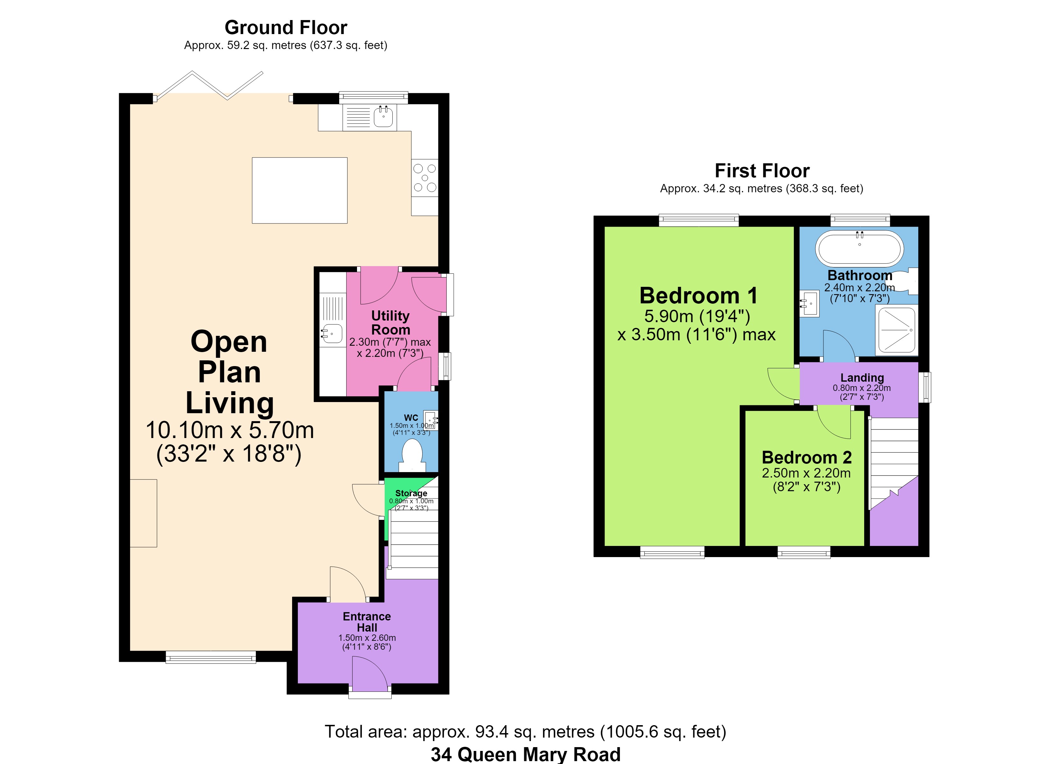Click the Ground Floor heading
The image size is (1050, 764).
tap(286, 28)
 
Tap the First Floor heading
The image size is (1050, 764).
tap(762, 171)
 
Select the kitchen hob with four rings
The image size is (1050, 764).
tap(424, 178)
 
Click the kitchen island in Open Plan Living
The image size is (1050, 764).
tap(299, 190)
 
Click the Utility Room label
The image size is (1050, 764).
tap(391, 322)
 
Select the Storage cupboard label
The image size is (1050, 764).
tap(411, 493)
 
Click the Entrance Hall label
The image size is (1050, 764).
tap(367, 622)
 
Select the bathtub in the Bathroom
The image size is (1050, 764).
tap(859, 248)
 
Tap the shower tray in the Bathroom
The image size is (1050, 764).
tap(897, 330)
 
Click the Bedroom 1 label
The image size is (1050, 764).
tap(699, 296)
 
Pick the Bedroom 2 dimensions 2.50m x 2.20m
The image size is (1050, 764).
tap(806, 473)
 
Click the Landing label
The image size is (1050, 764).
tap(862, 378)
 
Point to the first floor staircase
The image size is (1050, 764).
tap(894, 463)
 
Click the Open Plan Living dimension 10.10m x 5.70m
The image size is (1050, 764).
tap(230, 430)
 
